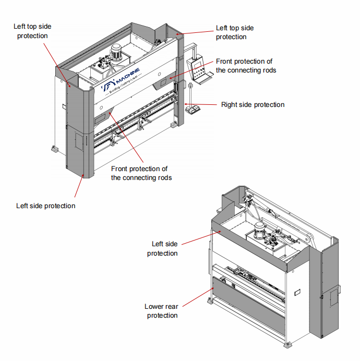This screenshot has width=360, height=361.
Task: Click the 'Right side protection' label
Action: (x=253, y=105)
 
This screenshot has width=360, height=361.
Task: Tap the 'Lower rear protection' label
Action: (x=162, y=311)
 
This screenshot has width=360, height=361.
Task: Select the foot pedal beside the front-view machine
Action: (x=194, y=109)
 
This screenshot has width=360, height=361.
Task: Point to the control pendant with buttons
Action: (x=198, y=67)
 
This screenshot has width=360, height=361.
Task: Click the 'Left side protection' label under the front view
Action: (x=46, y=206)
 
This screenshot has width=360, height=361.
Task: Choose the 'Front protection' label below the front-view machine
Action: (x=139, y=173)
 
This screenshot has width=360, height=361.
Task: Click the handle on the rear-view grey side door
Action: (x=339, y=288)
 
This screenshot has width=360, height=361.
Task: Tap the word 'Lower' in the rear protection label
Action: (x=154, y=307)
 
